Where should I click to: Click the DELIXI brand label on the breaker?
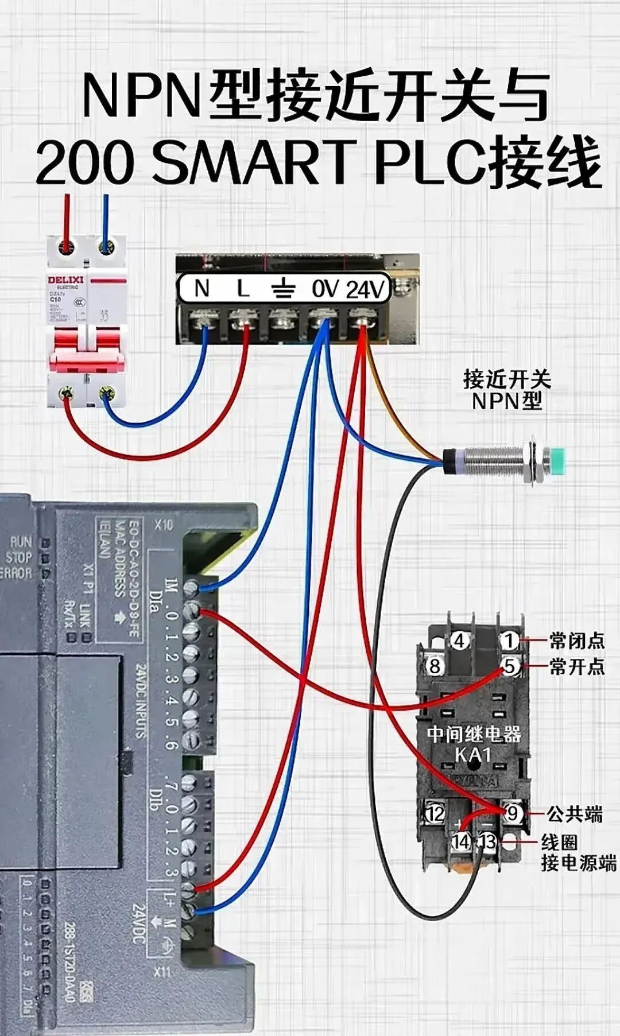(x=65, y=280)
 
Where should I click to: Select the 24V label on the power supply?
(x=364, y=289)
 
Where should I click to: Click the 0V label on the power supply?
(x=325, y=288)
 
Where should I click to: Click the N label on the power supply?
(x=202, y=288)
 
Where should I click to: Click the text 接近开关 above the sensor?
(x=506, y=379)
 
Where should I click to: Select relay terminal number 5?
(x=509, y=666)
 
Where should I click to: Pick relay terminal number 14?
(x=460, y=841)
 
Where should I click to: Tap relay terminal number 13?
(x=487, y=841)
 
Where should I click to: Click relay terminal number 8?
(x=435, y=666)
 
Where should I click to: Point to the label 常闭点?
(x=576, y=640)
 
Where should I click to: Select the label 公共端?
(x=574, y=813)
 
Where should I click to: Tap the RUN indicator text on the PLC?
(x=21, y=542)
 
